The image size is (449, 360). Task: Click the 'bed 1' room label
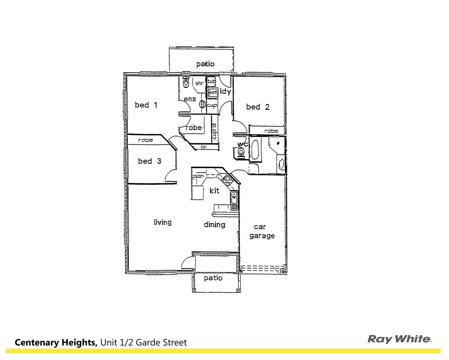point(146,105)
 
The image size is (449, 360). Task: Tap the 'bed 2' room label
point(258,107)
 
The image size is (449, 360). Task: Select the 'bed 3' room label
point(149,161)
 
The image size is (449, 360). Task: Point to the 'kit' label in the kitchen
point(214,190)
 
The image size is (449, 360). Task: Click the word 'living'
point(162,222)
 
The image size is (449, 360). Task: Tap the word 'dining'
point(214,225)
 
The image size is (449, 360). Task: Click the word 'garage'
point(262,236)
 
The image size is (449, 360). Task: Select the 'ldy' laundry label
point(226,91)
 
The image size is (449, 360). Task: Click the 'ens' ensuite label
point(190,99)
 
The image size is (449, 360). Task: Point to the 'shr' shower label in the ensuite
point(199,83)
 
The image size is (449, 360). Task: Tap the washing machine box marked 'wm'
point(213,92)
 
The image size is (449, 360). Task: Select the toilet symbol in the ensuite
point(186,82)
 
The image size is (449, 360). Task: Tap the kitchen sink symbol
point(234,199)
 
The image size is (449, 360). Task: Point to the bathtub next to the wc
point(255,150)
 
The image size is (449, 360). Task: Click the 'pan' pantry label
point(199,176)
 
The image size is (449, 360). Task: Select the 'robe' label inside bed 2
point(271,131)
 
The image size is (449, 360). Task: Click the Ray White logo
point(400,339)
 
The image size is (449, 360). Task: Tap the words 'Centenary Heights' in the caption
point(56,342)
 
